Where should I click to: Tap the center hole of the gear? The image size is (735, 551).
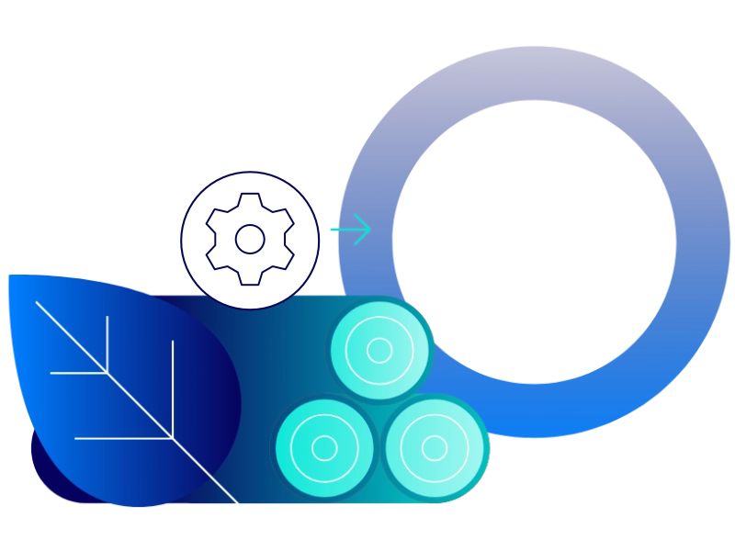[250, 239]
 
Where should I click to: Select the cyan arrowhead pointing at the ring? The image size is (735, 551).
[363, 230]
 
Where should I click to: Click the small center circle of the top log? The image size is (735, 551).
[379, 351]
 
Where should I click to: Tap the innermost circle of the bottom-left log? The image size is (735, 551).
[324, 448]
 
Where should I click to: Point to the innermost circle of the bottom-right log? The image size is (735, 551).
[435, 448]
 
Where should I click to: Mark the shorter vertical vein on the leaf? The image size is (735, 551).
[107, 344]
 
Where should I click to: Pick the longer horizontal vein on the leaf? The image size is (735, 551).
[124, 438]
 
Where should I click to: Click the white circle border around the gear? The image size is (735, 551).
[250, 174]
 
